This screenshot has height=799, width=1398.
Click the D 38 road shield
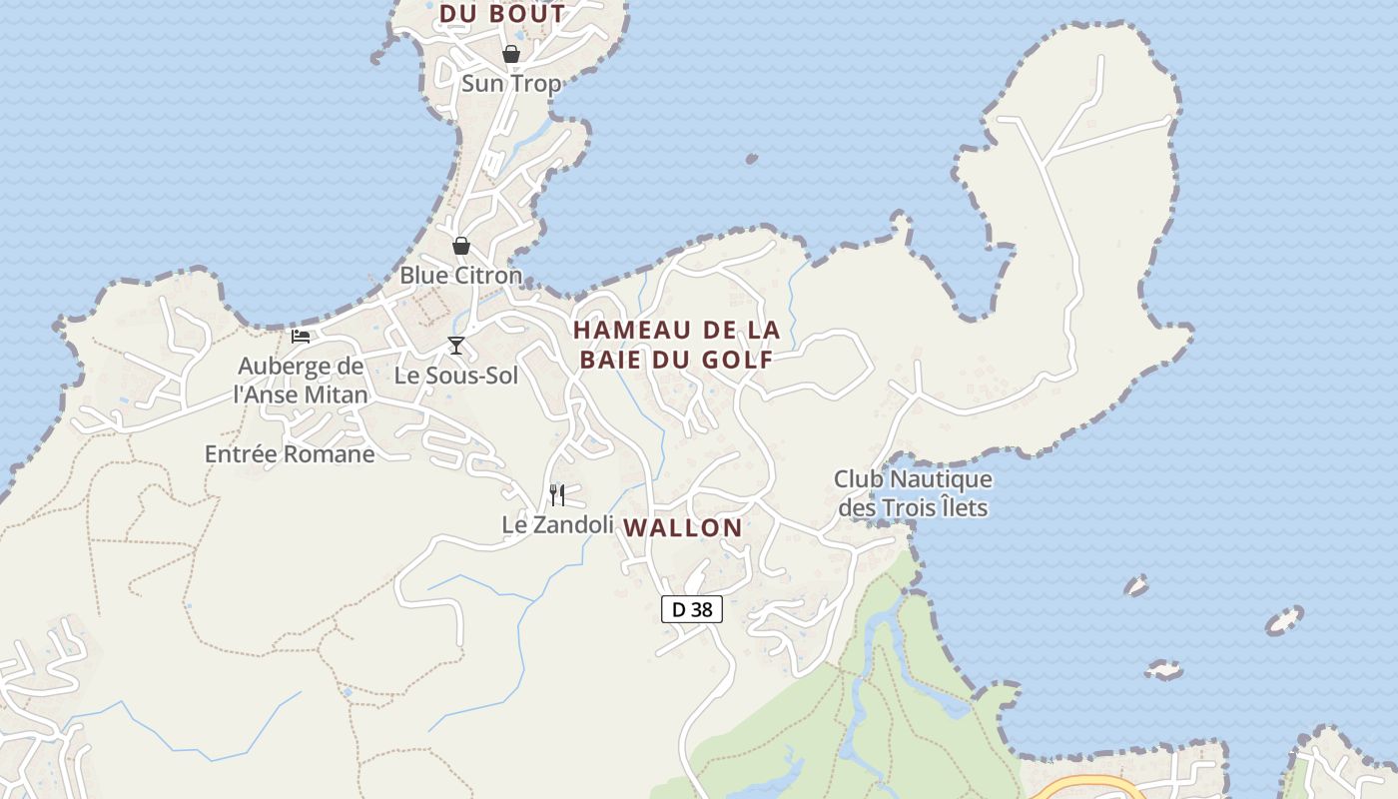tap(691, 609)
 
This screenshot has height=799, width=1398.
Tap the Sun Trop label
tap(511, 84)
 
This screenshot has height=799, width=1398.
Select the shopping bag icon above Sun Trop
tap(510, 54)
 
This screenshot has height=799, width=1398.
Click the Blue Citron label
tap(461, 276)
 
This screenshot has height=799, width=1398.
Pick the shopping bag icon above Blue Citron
tap(461, 246)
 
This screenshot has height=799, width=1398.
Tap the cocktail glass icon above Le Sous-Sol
tap(456, 346)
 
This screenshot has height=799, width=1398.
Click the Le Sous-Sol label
tap(456, 377)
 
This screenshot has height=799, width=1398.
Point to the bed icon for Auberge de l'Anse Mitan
tap(301, 337)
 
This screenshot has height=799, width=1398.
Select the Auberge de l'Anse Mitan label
tap(301, 381)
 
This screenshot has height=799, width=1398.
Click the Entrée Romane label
tap(290, 454)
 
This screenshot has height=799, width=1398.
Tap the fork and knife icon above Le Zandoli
tap(557, 494)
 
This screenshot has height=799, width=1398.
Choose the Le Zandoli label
tap(557, 524)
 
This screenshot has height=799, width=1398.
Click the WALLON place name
tap(684, 528)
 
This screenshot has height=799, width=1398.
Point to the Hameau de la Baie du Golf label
tap(676, 345)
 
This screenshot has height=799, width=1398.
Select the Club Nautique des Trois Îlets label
tap(913, 494)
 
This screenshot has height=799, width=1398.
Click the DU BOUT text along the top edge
tap(502, 14)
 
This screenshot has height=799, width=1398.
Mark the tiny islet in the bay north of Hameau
tap(751, 158)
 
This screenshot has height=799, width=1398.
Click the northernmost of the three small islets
tap(1136, 585)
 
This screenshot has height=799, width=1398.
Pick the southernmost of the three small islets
tap(1162, 669)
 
